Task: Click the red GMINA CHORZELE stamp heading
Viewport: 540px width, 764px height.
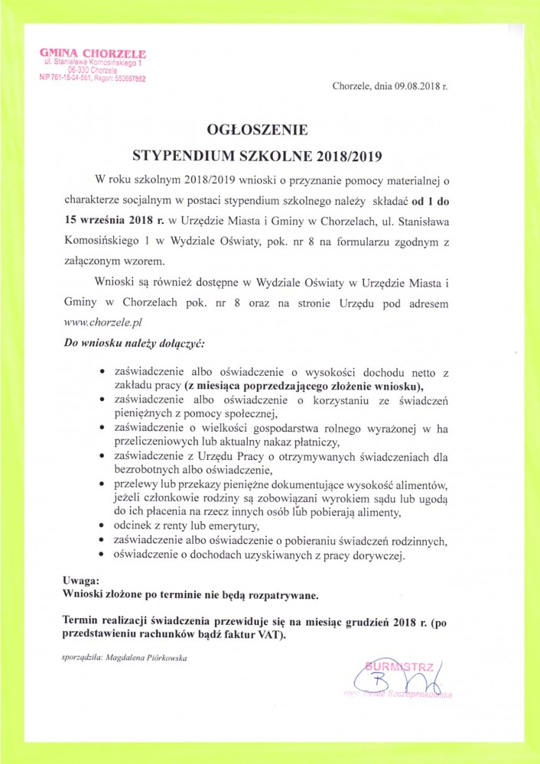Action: point(92,52)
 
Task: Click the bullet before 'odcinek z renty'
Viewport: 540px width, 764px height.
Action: point(103,526)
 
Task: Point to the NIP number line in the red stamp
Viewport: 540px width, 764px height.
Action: point(92,78)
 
